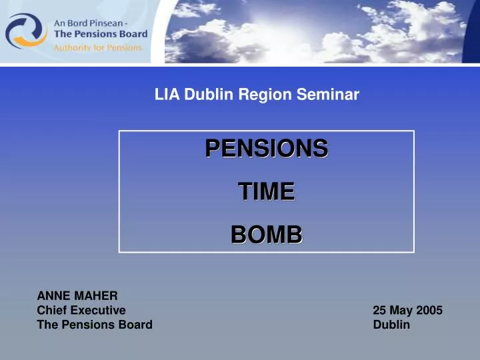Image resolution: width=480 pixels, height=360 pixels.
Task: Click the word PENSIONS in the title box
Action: (x=266, y=148)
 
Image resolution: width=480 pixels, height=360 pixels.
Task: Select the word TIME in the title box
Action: (x=266, y=191)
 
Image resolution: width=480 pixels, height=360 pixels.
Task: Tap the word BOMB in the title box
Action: (x=266, y=234)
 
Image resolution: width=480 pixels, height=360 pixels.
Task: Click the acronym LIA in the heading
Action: (x=167, y=95)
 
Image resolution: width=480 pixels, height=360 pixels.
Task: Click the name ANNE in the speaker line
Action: (x=51, y=295)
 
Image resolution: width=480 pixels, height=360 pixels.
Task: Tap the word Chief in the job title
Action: (x=52, y=310)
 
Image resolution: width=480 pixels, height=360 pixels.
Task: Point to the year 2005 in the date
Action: (x=429, y=310)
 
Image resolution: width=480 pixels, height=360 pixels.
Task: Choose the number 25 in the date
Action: (x=379, y=310)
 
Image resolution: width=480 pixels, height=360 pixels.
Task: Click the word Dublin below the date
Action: (x=391, y=325)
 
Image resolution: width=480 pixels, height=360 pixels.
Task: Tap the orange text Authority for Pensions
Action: (x=97, y=47)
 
